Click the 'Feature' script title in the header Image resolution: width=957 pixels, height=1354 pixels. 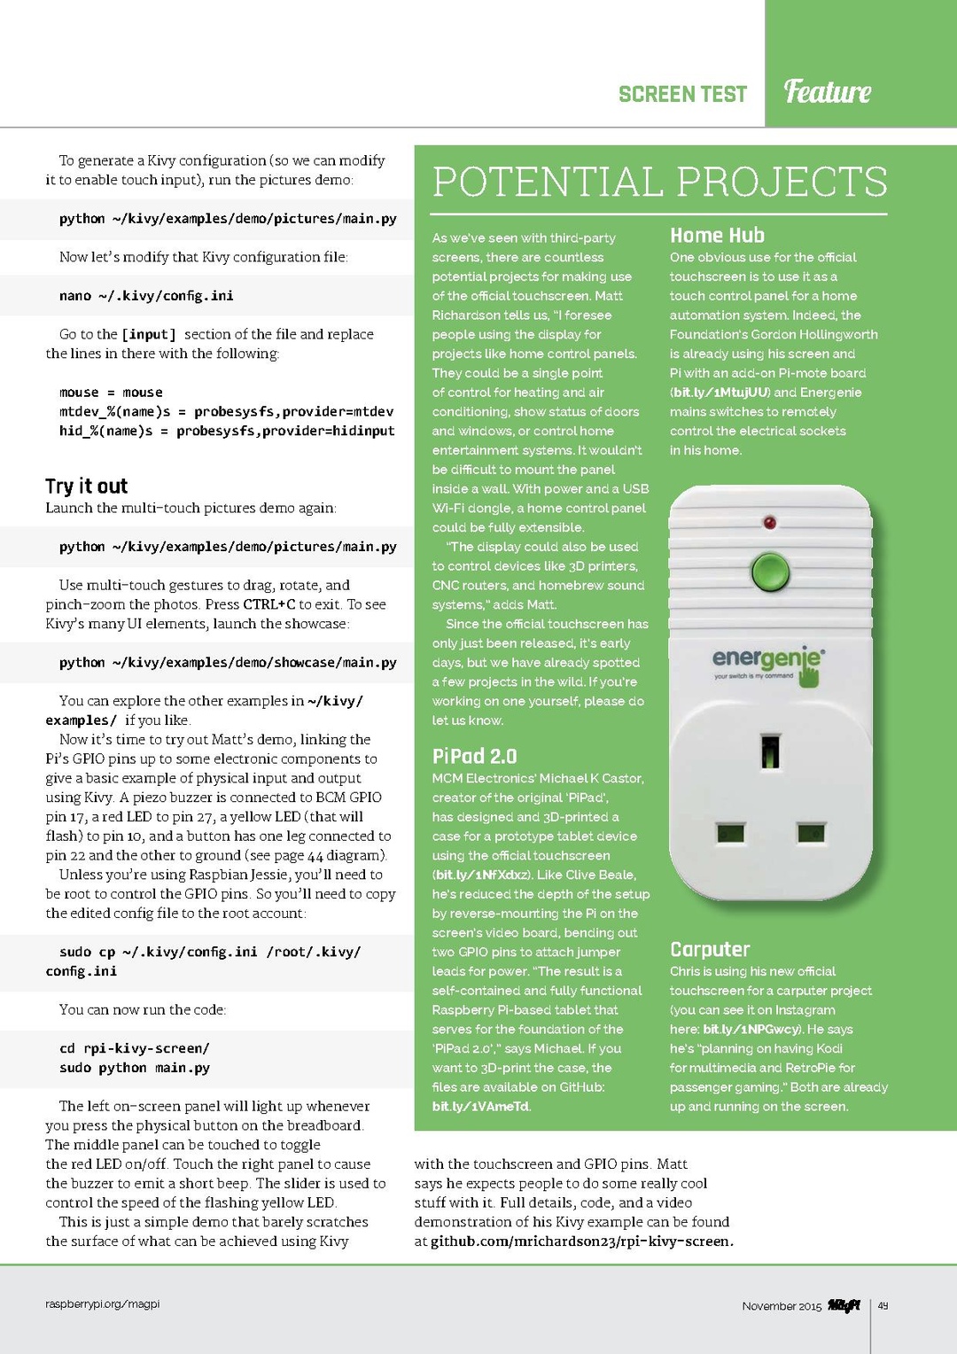coord(828,91)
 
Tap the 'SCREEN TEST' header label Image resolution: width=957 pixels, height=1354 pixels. coord(682,94)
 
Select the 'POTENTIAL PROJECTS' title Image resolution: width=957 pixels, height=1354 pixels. coord(659,182)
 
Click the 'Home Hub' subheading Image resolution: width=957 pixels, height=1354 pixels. coord(717,236)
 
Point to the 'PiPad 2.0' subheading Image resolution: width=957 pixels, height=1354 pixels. coord(474,756)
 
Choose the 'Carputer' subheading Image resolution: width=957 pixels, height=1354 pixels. coord(710,949)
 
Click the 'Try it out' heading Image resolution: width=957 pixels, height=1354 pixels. coord(87,486)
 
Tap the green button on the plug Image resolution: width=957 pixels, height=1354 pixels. coord(770,572)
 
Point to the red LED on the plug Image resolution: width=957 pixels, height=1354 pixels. coord(769,523)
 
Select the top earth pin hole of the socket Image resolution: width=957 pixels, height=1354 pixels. coord(770,751)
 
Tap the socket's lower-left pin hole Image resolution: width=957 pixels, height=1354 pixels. coord(730,833)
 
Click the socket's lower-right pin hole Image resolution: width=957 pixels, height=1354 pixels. coord(811,833)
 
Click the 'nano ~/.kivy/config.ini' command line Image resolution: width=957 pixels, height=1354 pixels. coord(146,296)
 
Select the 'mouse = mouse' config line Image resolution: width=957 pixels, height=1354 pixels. coord(111,393)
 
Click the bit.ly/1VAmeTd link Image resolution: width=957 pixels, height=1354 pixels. coord(480,1107)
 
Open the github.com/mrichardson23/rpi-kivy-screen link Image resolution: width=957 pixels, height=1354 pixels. coord(581,1241)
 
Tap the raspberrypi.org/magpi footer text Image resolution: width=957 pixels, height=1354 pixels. coord(103,1304)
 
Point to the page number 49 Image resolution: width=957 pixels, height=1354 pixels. coord(883,1306)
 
